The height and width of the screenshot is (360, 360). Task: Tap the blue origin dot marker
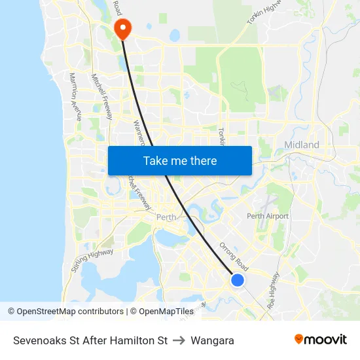237,280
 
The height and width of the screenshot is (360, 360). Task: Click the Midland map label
302,145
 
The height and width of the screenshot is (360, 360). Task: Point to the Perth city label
166,217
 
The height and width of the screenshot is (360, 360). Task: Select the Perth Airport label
268,216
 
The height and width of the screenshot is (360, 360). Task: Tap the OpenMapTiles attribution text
166,312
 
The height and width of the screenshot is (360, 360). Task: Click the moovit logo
321,340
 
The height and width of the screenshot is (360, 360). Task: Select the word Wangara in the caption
213,340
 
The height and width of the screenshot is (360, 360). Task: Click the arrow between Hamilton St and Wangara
179,340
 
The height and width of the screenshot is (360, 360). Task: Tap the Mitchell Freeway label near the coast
102,96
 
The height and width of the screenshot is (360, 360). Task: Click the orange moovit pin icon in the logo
299,339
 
